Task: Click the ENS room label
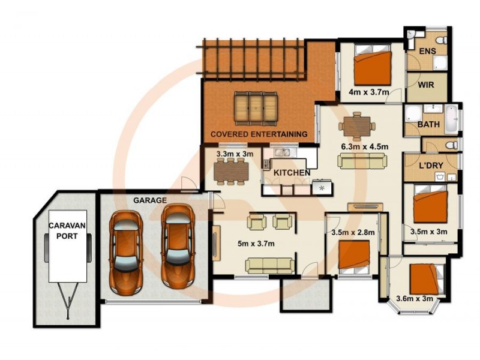[427, 51]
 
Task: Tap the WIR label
[426, 85]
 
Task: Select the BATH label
[428, 124]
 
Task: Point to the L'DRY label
[431, 166]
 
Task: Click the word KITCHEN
[292, 173]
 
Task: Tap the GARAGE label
[150, 200]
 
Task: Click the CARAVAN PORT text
[67, 231]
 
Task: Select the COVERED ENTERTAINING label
[259, 134]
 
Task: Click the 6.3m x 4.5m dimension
[365, 146]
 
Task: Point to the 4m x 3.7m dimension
[369, 92]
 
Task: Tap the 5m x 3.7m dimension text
[256, 244]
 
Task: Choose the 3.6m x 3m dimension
[415, 298]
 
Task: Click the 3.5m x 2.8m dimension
[353, 232]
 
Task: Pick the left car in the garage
[126, 252]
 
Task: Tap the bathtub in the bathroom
[451, 119]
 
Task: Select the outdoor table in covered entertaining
[256, 109]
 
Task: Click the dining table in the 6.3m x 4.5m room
[357, 126]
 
